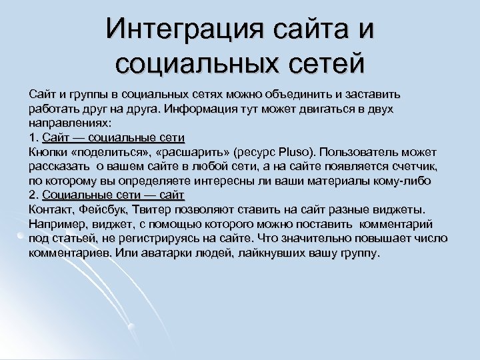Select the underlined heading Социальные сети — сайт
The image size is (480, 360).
[113, 195]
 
